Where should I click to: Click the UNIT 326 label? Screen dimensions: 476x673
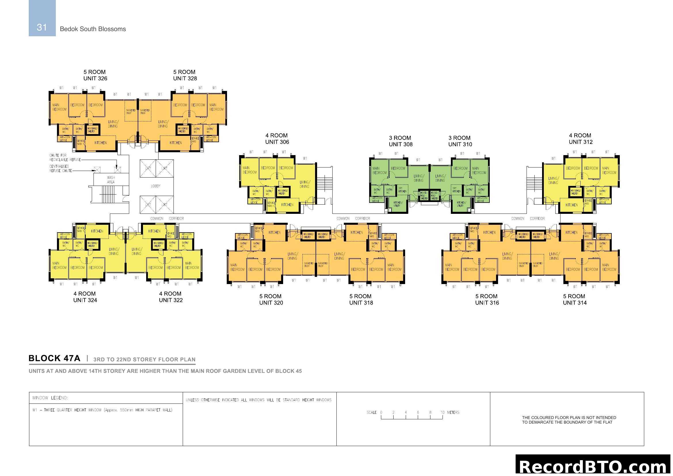click(x=95, y=78)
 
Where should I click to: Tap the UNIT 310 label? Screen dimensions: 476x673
click(x=460, y=144)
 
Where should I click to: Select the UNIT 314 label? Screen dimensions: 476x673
click(x=575, y=303)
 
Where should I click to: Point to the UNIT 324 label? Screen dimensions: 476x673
click(x=85, y=300)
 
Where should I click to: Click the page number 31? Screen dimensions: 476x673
click(x=42, y=27)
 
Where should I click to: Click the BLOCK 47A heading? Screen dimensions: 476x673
click(x=54, y=358)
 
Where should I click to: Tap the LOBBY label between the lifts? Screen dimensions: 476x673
click(x=155, y=186)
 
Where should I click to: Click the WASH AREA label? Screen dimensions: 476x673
click(x=111, y=180)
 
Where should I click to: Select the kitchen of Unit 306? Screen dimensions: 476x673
click(x=287, y=205)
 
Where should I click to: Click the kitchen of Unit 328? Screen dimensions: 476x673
click(x=176, y=143)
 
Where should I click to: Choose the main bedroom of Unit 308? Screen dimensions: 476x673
click(x=379, y=171)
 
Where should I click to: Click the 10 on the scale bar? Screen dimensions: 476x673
click(x=442, y=412)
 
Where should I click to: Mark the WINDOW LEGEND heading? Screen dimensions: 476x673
click(x=50, y=398)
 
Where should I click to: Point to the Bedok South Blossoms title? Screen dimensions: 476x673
click(x=93, y=29)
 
